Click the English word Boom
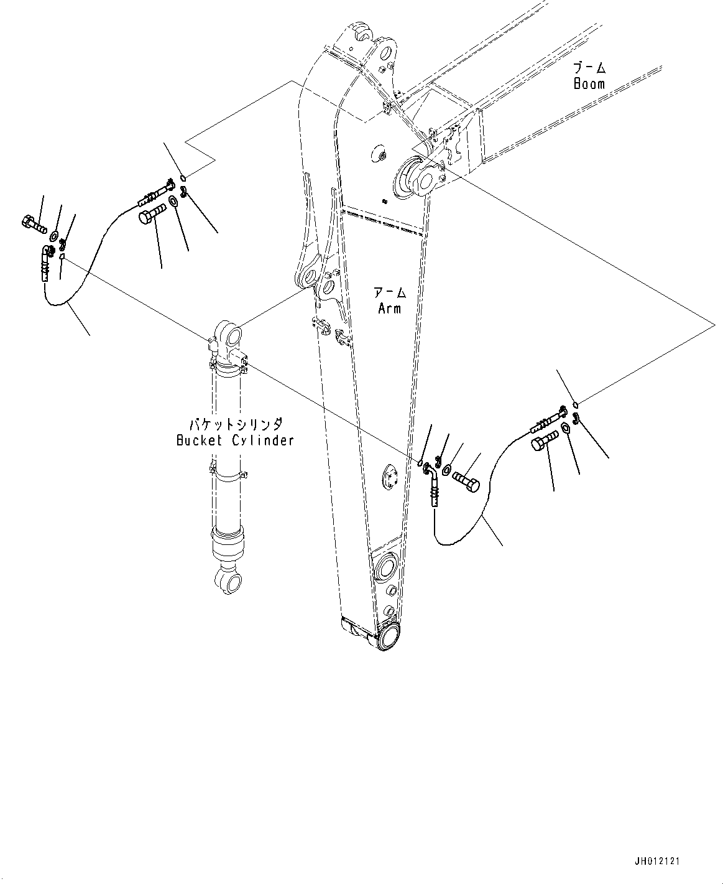coord(589,84)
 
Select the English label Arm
coord(390,308)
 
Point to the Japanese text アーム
coord(390,292)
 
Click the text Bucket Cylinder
coord(234,440)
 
